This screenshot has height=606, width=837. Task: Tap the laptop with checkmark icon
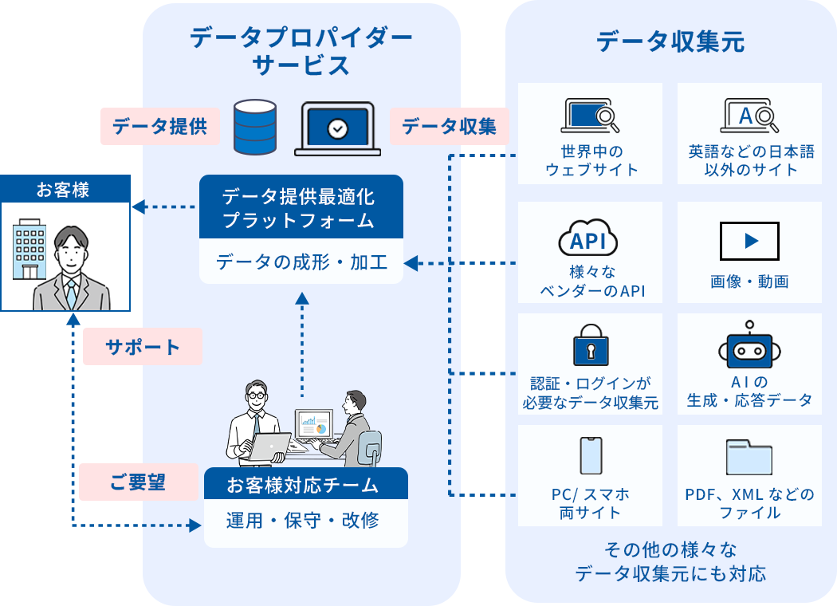pyautogui.click(x=338, y=128)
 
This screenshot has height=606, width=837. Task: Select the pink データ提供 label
pyautogui.click(x=159, y=127)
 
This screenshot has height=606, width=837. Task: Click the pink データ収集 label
pyautogui.click(x=449, y=127)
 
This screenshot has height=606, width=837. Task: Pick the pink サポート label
pyautogui.click(x=143, y=348)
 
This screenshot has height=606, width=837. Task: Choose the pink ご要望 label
pyautogui.click(x=138, y=482)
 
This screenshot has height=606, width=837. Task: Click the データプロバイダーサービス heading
pyautogui.click(x=301, y=51)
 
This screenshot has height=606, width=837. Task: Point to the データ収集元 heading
pyautogui.click(x=670, y=41)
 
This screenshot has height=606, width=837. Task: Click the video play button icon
pyautogui.click(x=749, y=241)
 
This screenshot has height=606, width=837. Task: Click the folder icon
pyautogui.click(x=749, y=457)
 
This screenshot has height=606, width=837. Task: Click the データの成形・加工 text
pyautogui.click(x=301, y=262)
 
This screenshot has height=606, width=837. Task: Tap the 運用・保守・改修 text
pyautogui.click(x=303, y=521)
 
